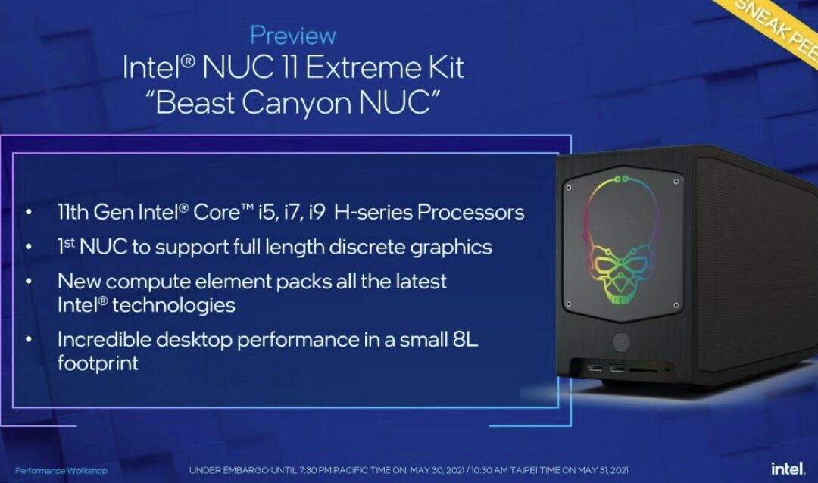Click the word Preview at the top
(x=292, y=35)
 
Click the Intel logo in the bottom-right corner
(x=788, y=469)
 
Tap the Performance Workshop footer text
(x=61, y=471)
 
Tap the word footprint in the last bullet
(x=98, y=363)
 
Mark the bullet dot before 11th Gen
(x=28, y=213)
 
